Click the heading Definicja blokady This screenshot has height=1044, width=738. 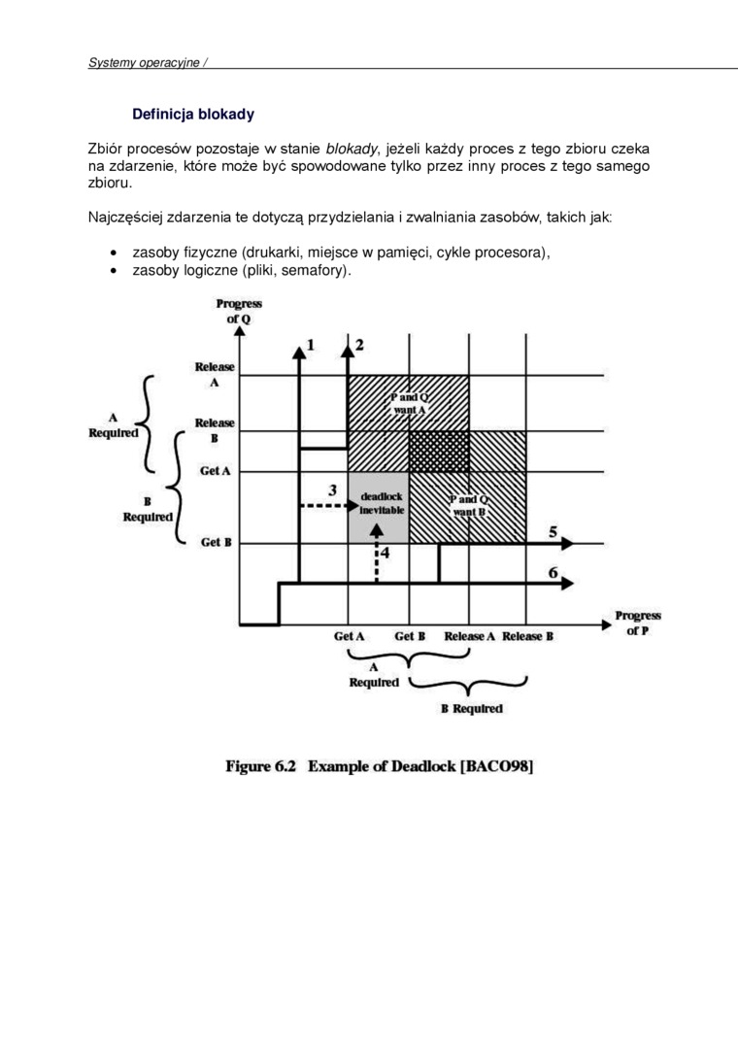(192, 115)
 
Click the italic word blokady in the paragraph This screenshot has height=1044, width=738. (352, 149)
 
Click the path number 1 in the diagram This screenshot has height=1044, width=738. (311, 345)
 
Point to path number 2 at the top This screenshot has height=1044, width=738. (359, 345)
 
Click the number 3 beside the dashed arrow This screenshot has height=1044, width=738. (332, 489)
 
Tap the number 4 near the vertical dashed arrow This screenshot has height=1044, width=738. (385, 552)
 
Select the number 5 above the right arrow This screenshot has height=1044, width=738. (553, 531)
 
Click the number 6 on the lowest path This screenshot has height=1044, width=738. (553, 572)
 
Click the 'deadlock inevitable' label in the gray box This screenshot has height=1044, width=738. (381, 502)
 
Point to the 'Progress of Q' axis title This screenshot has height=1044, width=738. (238, 311)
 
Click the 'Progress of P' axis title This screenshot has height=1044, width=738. (637, 623)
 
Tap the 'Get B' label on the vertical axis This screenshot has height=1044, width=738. (216, 542)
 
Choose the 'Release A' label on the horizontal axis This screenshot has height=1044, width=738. (470, 636)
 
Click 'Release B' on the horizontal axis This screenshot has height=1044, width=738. (528, 636)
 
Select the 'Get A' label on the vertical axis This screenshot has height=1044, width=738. (216, 471)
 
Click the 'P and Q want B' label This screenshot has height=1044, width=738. (468, 505)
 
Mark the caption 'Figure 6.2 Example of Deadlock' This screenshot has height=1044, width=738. (380, 766)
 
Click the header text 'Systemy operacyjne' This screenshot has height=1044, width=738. (144, 62)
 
